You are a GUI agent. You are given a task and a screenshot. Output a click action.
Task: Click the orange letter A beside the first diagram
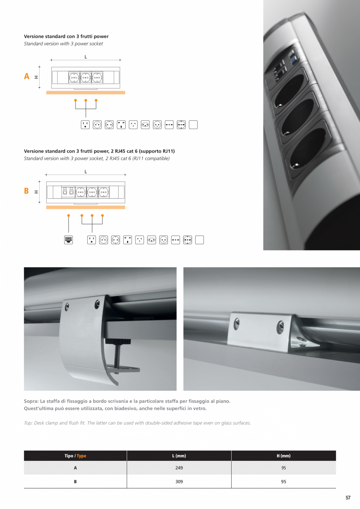pyautogui.click(x=27, y=76)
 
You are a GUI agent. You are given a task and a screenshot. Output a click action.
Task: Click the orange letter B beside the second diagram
pyautogui.click(x=26, y=191)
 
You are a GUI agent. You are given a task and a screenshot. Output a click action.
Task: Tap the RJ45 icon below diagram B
pyautogui.click(x=68, y=240)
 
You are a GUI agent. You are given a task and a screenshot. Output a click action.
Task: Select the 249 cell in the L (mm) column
pyautogui.click(x=179, y=468)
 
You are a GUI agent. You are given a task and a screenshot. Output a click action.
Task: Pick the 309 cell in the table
pyautogui.click(x=179, y=482)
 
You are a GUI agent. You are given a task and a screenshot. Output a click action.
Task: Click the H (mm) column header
pyautogui.click(x=284, y=456)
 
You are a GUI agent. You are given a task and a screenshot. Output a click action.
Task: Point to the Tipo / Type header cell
pyautogui.click(x=75, y=456)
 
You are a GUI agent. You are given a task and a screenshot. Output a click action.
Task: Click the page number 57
pyautogui.click(x=348, y=498)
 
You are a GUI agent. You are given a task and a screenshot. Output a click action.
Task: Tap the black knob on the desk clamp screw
pyautogui.click(x=117, y=341)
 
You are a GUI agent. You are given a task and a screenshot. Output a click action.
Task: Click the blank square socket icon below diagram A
pyautogui.click(x=193, y=125)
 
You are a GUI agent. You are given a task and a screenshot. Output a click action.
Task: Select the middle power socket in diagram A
pyautogui.click(x=86, y=77)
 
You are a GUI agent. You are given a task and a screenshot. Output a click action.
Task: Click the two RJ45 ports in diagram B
pyautogui.click(x=68, y=191)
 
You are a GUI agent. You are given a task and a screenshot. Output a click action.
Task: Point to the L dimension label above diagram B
pyautogui.click(x=86, y=172)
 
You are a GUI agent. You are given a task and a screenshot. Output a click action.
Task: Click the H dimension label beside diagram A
pyautogui.click(x=36, y=77)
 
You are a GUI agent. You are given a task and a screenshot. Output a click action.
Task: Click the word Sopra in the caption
pyautogui.click(x=31, y=401)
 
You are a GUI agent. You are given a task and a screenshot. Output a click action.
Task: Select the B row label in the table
pyautogui.click(x=75, y=482)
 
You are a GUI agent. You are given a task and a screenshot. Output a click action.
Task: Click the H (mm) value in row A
pyautogui.click(x=284, y=468)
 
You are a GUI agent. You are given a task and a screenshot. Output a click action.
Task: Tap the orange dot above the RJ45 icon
pyautogui.click(x=68, y=216)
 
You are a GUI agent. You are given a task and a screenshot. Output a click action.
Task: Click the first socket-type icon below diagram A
pyautogui.click(x=85, y=125)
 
